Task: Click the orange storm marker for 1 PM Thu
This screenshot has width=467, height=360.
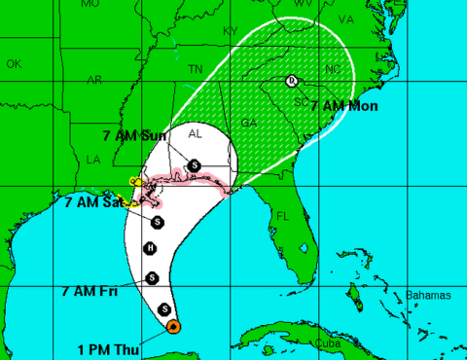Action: (x=172, y=327)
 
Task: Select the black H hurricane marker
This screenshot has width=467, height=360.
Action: (x=150, y=249)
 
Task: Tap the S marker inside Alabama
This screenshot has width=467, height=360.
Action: (x=195, y=164)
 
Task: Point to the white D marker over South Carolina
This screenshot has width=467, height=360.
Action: (x=292, y=81)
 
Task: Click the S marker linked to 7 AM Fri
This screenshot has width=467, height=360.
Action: (x=152, y=279)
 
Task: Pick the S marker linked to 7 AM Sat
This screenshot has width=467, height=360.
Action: (x=158, y=222)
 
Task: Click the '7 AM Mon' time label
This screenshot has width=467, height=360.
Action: (x=344, y=104)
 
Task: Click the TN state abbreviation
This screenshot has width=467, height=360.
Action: (x=196, y=69)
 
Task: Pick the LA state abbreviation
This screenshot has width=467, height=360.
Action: (x=93, y=159)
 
